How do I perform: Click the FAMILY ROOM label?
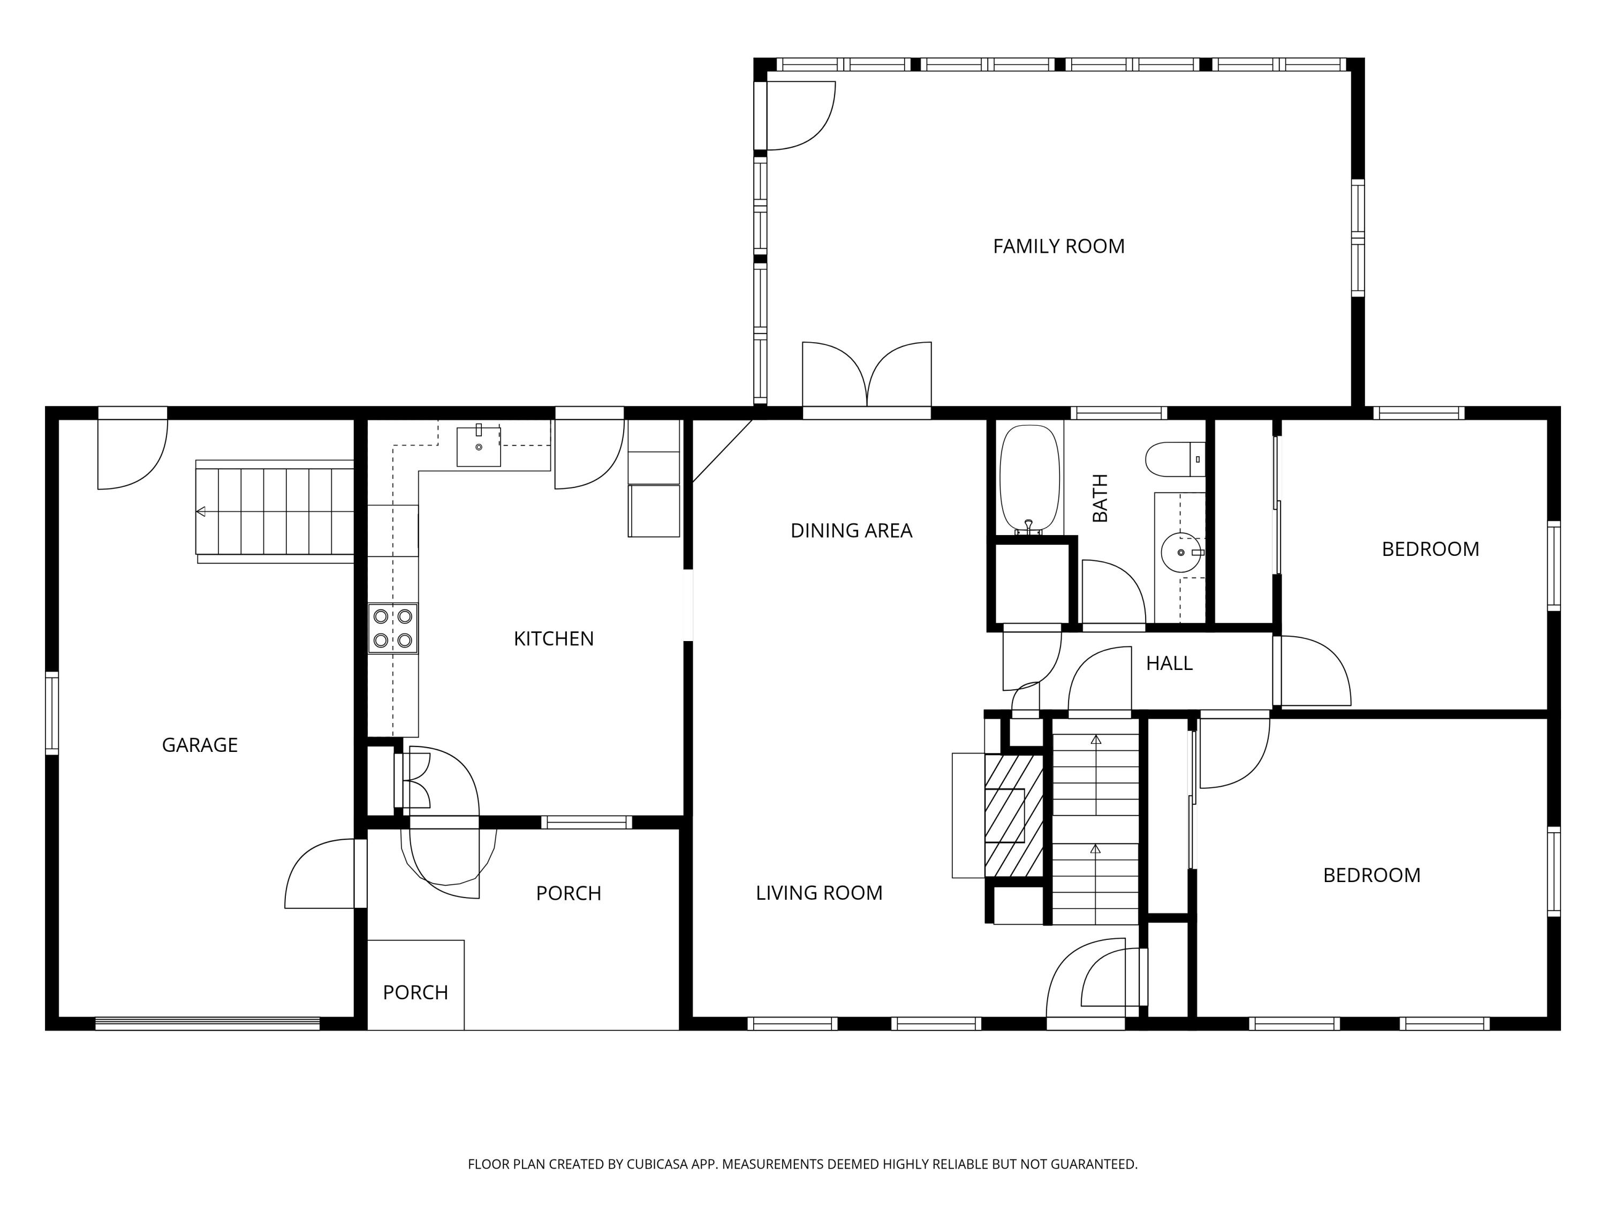click(x=1058, y=247)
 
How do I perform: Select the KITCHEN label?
click(x=553, y=639)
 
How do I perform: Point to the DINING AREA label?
click(x=851, y=531)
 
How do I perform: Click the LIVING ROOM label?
click(x=819, y=893)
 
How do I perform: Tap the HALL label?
click(x=1169, y=663)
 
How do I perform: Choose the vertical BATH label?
click(x=1101, y=498)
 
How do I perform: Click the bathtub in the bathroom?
click(x=1029, y=479)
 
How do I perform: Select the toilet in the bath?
click(x=1170, y=460)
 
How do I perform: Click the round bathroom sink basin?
click(x=1180, y=553)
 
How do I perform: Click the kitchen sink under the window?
click(x=479, y=446)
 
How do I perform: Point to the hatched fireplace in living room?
click(x=1013, y=815)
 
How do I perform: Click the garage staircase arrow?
click(x=201, y=511)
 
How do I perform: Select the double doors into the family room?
click(x=867, y=379)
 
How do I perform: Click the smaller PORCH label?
click(x=415, y=993)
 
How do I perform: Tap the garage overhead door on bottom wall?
click(x=208, y=1023)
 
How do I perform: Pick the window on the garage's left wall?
click(x=51, y=713)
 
